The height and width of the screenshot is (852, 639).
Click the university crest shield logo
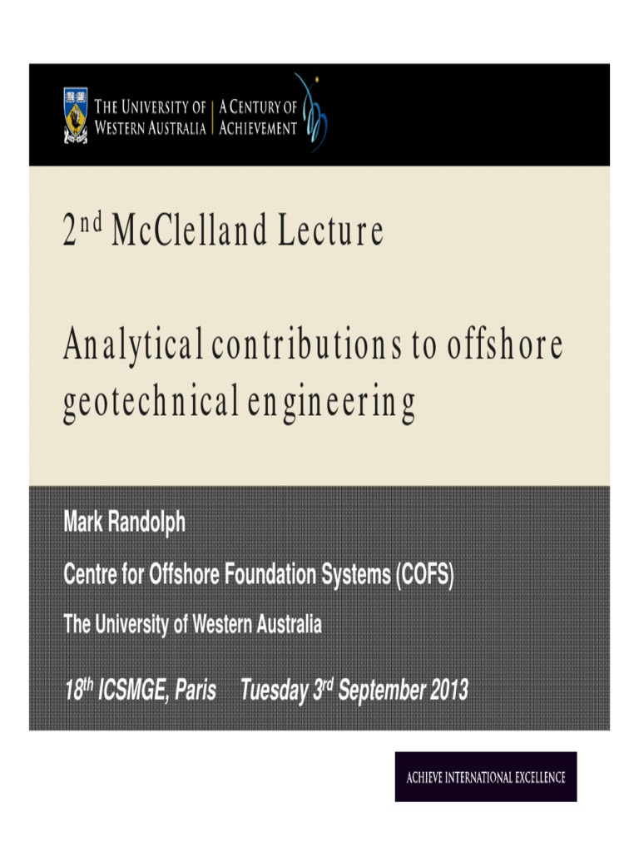coord(75,116)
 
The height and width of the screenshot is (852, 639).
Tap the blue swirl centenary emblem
coord(315,112)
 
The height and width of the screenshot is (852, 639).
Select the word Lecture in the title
coord(330,231)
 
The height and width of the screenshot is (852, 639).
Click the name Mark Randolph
coord(125,523)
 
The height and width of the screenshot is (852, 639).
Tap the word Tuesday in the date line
coord(274,691)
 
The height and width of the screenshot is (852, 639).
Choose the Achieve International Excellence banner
coord(486,777)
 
